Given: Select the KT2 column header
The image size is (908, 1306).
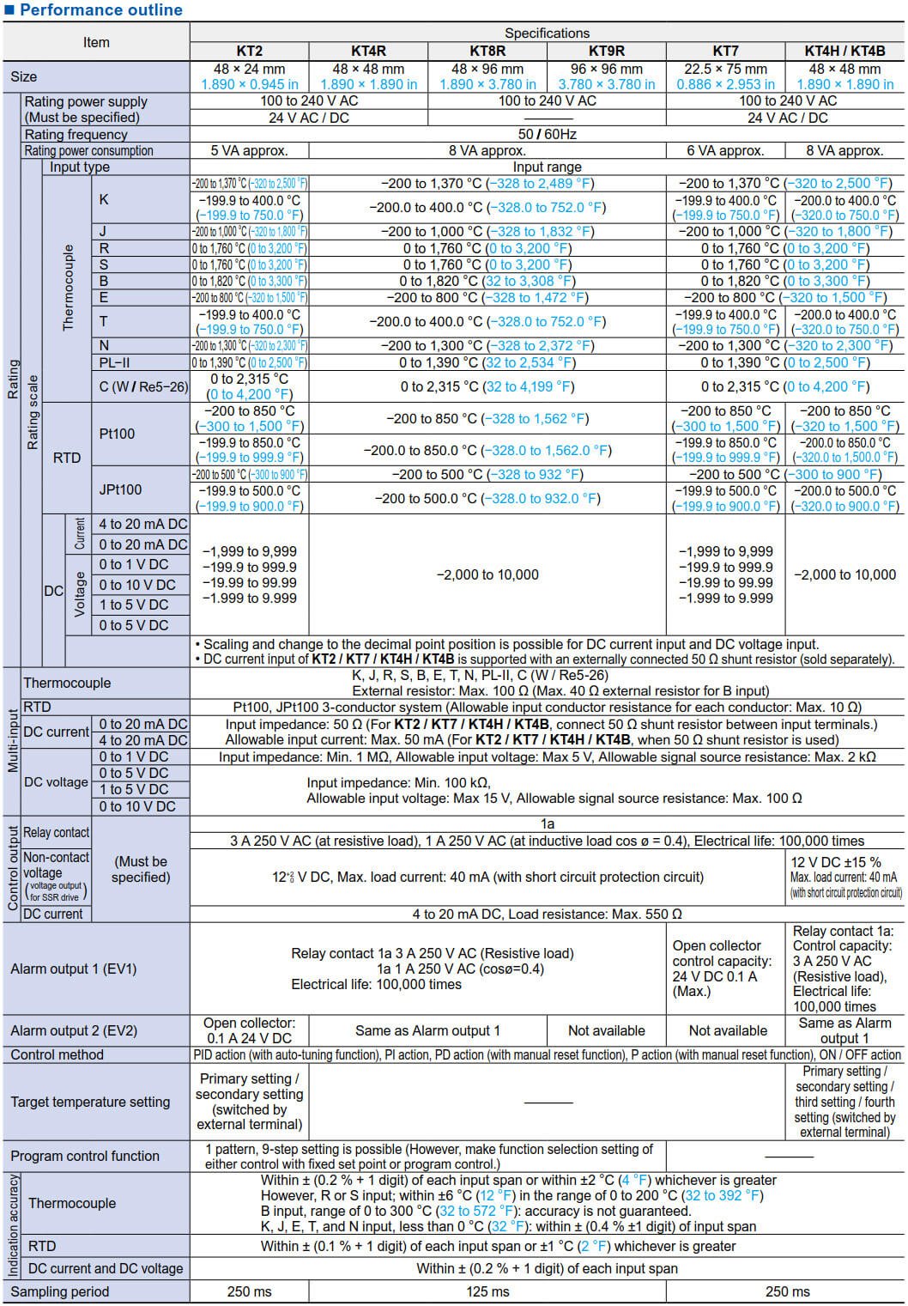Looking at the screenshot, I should [x=249, y=51].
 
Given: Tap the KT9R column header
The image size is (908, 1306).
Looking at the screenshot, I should [x=606, y=51].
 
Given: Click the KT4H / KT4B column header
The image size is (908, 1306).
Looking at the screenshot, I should [x=844, y=51].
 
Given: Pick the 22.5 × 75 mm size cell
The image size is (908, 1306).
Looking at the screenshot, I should [x=725, y=69].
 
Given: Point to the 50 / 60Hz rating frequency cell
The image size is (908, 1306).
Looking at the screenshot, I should [x=547, y=134].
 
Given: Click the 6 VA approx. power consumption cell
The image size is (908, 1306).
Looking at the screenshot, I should [x=725, y=150].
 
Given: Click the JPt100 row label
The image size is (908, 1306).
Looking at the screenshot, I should [x=120, y=489].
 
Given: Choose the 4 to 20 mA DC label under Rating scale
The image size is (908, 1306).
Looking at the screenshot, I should [x=143, y=524].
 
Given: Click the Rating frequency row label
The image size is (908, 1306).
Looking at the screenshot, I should [x=76, y=134].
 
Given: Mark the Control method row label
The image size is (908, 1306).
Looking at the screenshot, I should [x=58, y=1054].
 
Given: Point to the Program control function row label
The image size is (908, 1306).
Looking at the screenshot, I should [x=85, y=1156].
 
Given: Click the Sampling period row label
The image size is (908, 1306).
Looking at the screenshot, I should [x=60, y=1291].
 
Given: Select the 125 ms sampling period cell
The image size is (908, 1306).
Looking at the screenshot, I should [x=487, y=1291].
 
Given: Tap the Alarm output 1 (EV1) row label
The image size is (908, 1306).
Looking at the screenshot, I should [x=74, y=969].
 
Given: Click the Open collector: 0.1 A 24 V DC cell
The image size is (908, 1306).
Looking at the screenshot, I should [x=249, y=1030].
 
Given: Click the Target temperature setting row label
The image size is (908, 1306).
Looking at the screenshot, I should [x=90, y=1102].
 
